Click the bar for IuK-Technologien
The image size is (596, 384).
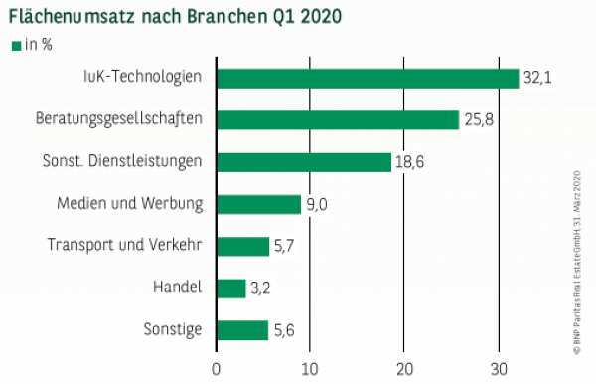tap(368, 78)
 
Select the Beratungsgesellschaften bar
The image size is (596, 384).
tap(338, 119)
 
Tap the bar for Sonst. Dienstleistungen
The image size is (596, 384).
tap(304, 162)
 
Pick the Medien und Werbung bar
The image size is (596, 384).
tap(258, 204)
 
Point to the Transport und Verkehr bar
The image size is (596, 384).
tap(242, 246)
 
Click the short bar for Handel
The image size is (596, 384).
tap(230, 288)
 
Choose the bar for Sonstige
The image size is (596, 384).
tap(242, 330)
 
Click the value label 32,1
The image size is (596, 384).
tap(537, 78)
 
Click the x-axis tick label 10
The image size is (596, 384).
tap(310, 368)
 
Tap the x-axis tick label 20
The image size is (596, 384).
tap(403, 368)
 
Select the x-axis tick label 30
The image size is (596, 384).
tap(497, 368)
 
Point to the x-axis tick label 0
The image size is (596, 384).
tap(217, 368)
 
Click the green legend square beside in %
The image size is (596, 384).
tap(15, 45)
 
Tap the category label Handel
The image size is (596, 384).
tap(179, 288)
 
